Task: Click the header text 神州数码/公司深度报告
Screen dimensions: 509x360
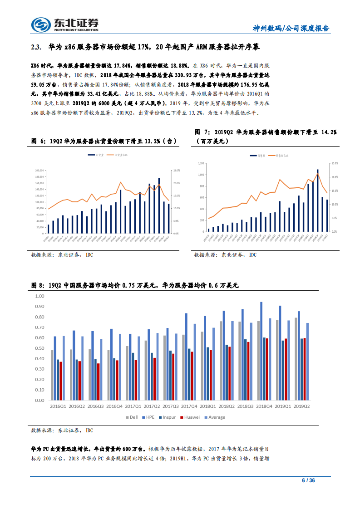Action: (x=291, y=28)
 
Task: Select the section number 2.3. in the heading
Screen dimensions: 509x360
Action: (x=36, y=47)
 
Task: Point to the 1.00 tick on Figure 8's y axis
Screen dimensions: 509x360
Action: (x=39, y=296)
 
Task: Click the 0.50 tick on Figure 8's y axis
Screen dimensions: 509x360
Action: (x=39, y=348)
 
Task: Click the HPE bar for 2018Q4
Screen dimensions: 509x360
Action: (x=261, y=351)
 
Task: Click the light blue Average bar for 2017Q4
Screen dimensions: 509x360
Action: (x=195, y=362)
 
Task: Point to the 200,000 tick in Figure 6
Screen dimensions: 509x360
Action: (x=39, y=171)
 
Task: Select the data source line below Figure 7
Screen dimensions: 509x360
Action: (x=225, y=255)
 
